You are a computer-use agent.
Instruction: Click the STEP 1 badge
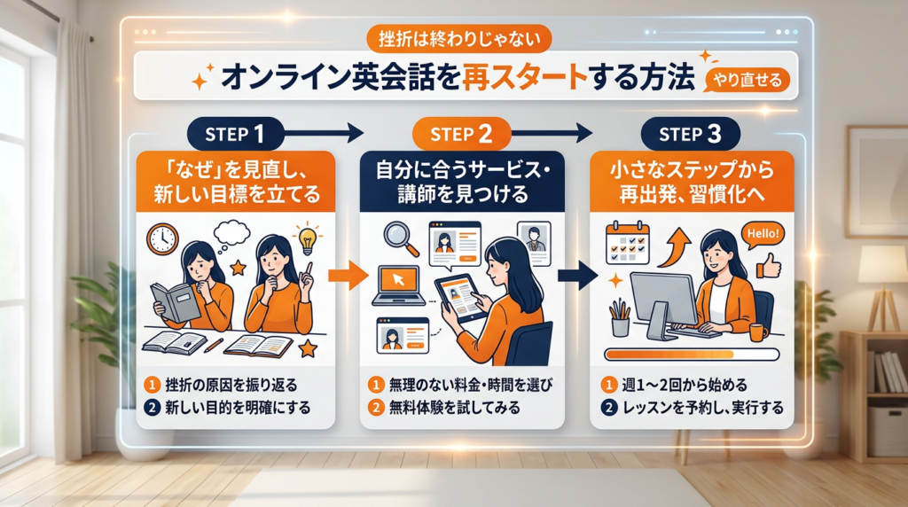pos(235,135)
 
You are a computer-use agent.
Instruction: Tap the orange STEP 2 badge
pos(461,135)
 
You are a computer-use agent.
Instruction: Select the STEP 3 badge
pos(691,135)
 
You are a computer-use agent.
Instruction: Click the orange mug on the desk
pos(758,332)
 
